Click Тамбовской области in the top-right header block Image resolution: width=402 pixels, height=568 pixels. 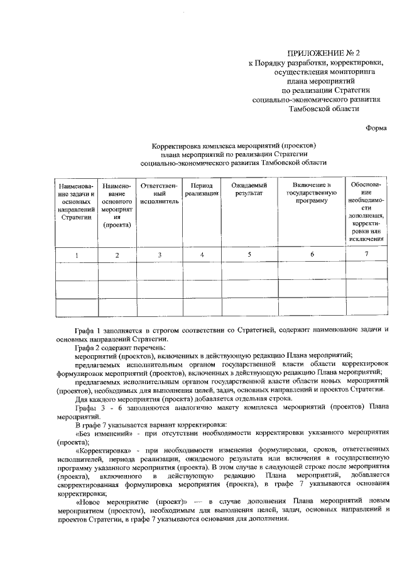click(x=323, y=108)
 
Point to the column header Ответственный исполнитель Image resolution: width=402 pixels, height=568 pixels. click(x=160, y=195)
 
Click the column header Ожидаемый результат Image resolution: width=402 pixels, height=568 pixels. click(x=249, y=190)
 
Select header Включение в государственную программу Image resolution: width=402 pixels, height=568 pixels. click(x=312, y=195)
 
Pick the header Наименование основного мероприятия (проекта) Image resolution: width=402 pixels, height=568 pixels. click(x=117, y=205)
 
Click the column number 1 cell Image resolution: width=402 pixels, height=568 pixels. click(x=77, y=255)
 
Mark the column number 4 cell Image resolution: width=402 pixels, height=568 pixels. click(x=202, y=255)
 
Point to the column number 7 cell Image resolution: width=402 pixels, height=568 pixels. click(x=367, y=254)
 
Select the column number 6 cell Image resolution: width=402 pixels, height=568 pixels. click(x=312, y=255)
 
